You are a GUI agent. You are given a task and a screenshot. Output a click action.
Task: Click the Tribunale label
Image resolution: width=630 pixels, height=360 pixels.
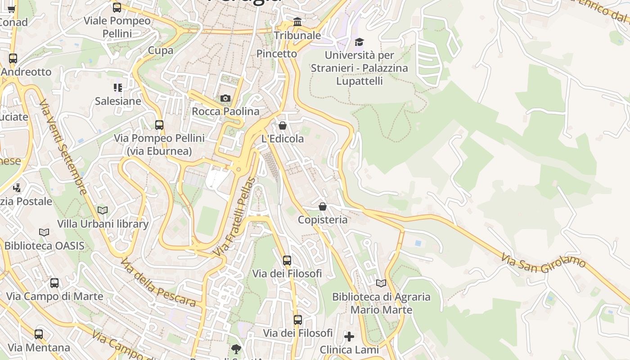[x=297, y=36]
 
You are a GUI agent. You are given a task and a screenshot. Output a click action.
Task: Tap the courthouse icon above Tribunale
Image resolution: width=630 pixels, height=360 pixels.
[x=297, y=22]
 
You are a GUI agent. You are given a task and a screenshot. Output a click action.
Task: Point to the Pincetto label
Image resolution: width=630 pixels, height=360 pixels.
[x=277, y=54]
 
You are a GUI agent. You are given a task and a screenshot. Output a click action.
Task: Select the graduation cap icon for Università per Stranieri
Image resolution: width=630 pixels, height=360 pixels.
[x=359, y=42]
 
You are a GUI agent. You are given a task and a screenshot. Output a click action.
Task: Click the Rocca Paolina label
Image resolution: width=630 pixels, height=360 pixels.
[x=225, y=111]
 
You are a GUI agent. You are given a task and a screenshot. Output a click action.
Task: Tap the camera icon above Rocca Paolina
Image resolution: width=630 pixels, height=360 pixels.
[x=225, y=98]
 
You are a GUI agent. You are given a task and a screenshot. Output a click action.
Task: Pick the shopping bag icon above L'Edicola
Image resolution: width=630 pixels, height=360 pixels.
[x=283, y=126]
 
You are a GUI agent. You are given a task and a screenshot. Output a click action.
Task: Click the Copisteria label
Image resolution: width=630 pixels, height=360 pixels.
[x=323, y=220]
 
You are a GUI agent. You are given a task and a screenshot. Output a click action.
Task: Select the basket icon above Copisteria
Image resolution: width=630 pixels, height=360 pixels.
[x=323, y=207]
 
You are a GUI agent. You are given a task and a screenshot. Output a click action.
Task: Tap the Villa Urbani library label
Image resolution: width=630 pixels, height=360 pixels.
[x=103, y=224]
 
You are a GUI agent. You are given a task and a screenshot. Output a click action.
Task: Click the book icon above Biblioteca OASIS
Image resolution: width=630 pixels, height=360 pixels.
[x=44, y=232]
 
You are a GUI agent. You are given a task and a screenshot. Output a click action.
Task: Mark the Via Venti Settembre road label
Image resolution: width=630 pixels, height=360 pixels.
[x=63, y=147]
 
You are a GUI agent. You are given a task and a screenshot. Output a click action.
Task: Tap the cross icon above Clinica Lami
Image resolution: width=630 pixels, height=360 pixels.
[x=349, y=336]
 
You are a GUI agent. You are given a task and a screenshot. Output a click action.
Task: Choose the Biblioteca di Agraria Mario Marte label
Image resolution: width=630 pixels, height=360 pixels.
[x=381, y=303]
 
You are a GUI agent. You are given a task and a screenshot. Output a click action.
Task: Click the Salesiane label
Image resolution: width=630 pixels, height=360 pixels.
[x=118, y=101]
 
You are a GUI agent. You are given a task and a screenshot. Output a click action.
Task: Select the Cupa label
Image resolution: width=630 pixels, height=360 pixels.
[x=161, y=50]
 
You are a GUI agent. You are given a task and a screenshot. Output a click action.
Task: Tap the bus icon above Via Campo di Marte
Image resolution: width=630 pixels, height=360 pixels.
[x=54, y=283]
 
